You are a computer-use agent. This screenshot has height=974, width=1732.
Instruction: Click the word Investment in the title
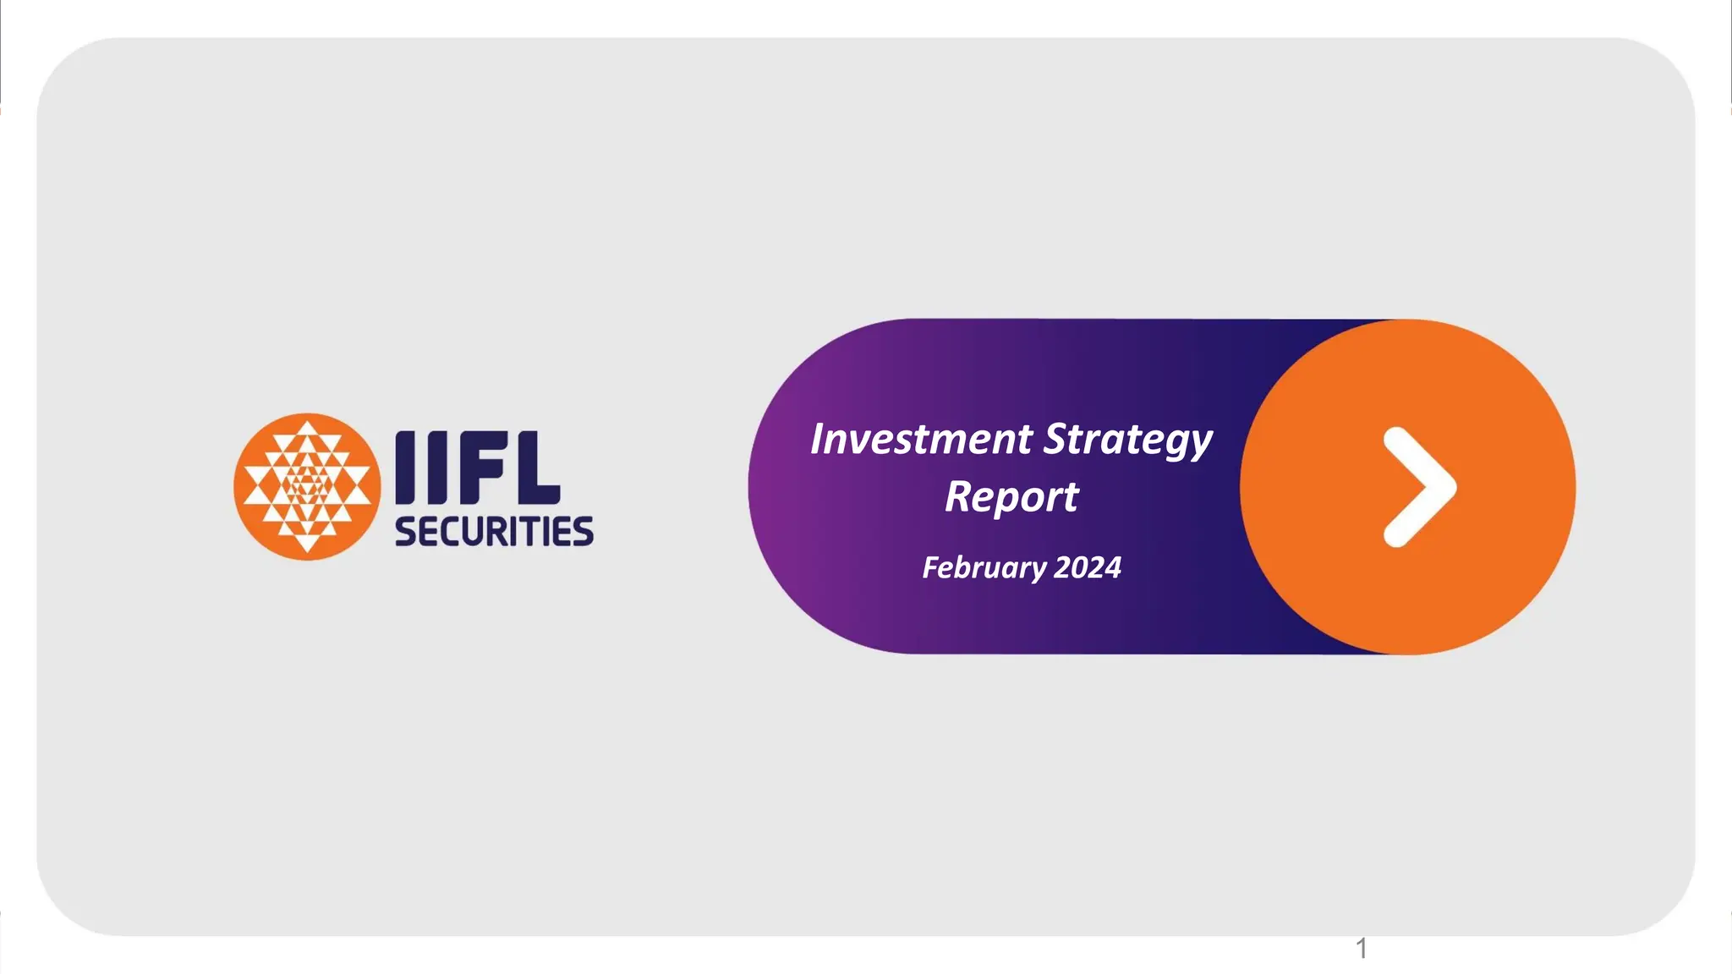coord(921,440)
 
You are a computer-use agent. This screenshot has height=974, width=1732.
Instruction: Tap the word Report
coord(1011,497)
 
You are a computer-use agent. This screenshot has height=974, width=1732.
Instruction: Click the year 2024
coord(1088,567)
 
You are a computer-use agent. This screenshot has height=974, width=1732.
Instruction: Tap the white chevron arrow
coord(1419,487)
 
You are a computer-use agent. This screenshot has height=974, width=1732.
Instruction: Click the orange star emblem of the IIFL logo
coord(307,487)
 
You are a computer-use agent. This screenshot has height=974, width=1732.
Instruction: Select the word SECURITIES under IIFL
coord(494,532)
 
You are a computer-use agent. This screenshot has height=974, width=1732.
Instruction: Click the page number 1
coord(1362,949)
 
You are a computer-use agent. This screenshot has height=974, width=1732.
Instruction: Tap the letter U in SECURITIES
coord(472,532)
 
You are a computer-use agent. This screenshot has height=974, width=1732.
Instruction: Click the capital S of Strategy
coord(1056,439)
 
